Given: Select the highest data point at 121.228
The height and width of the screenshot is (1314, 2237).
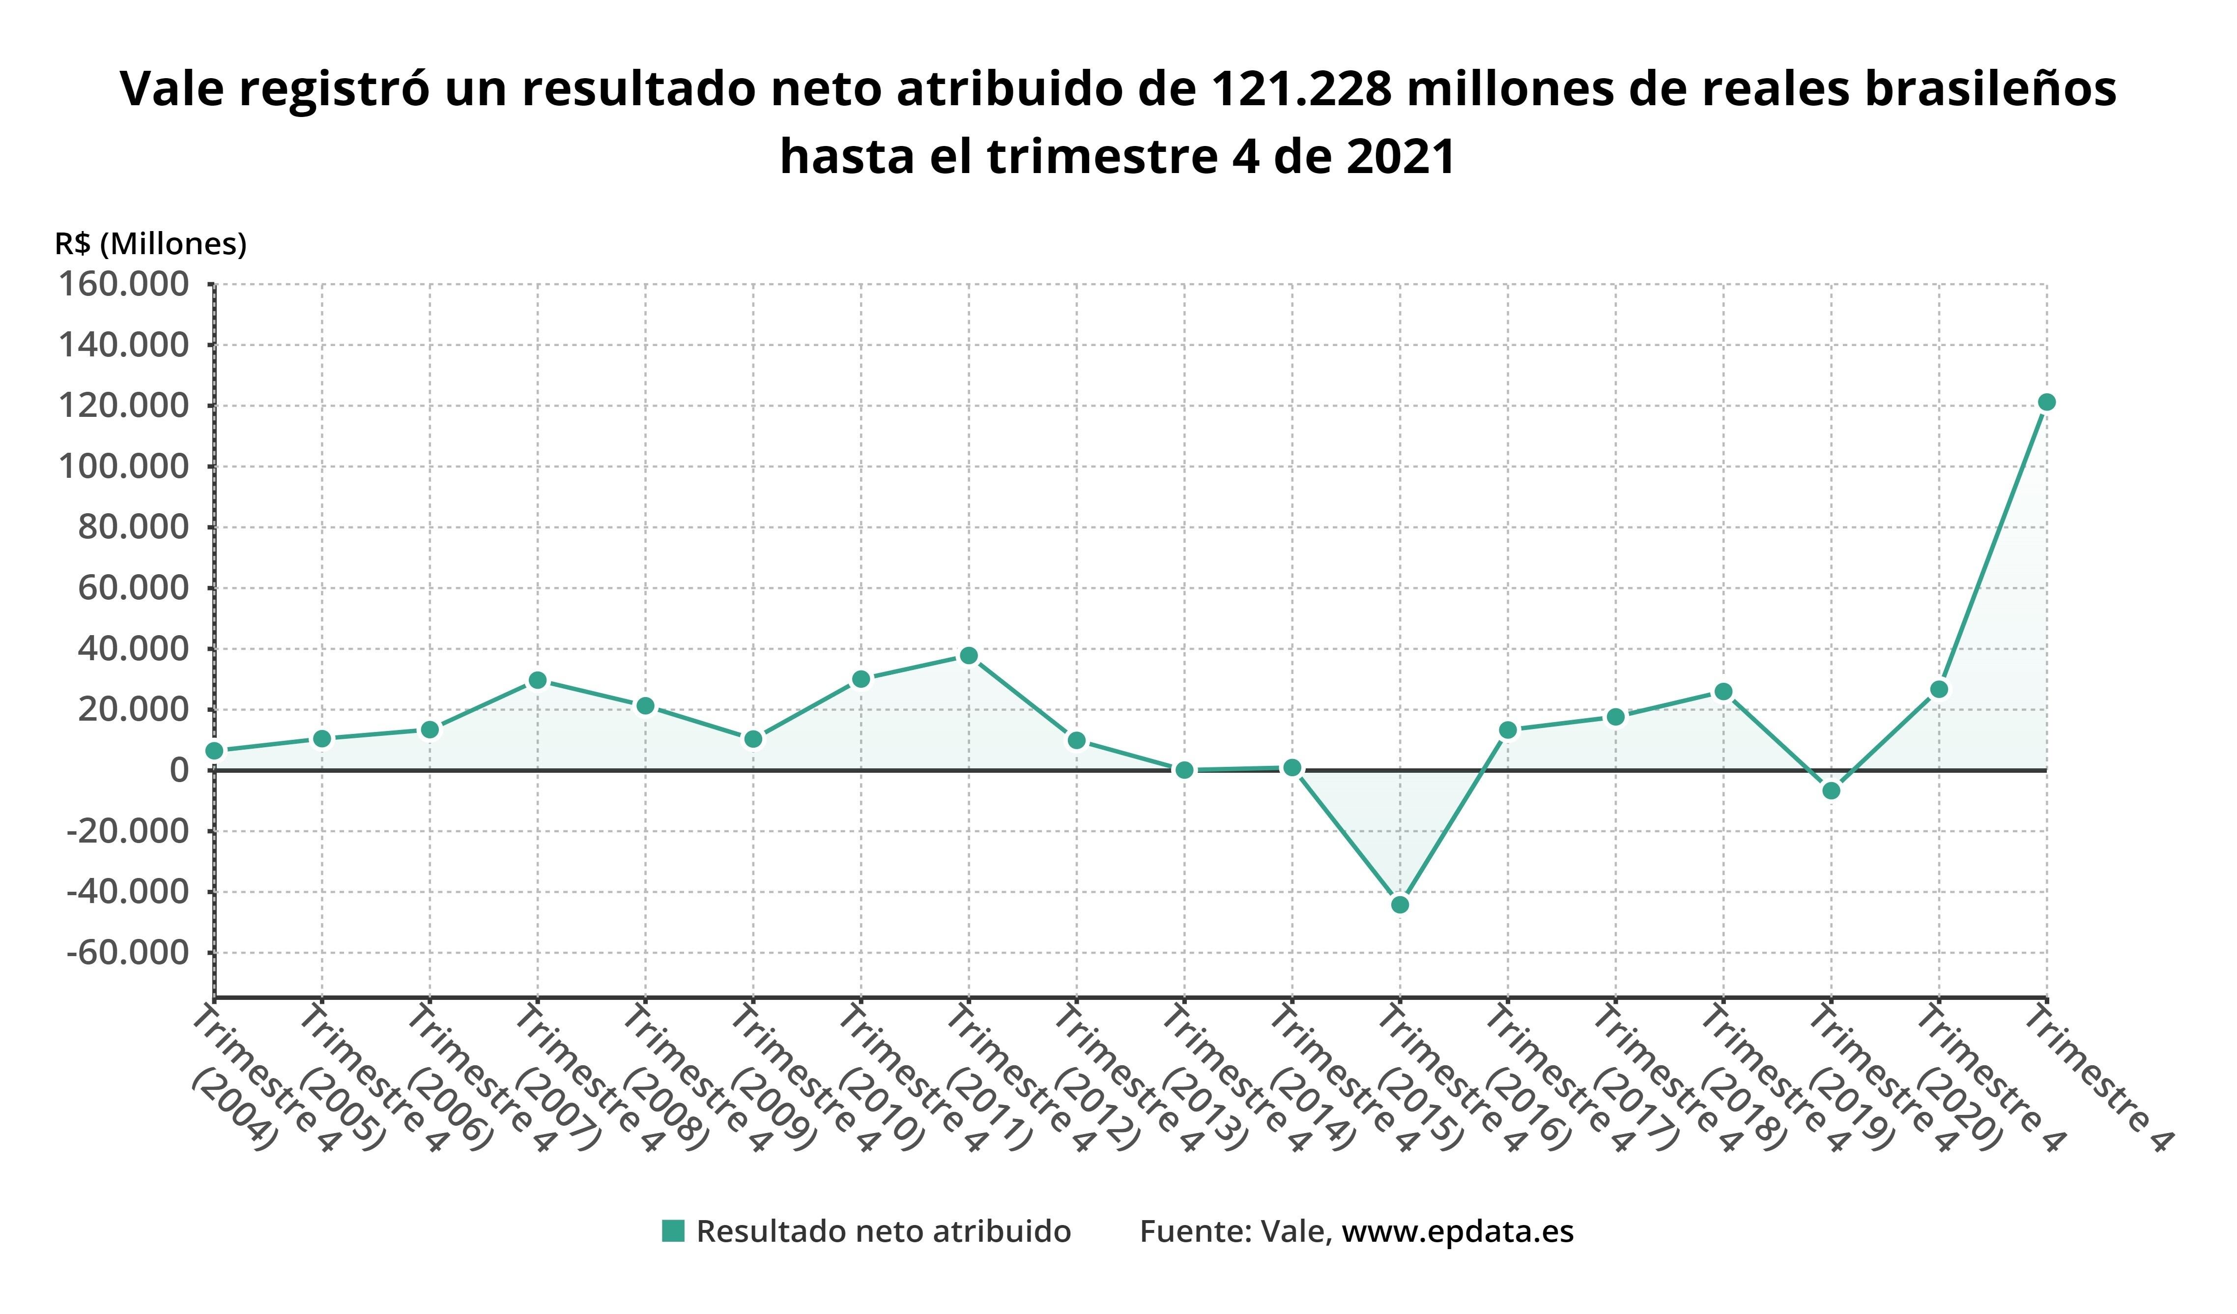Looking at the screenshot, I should (x=2046, y=402).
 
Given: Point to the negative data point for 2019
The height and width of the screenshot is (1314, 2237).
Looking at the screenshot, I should (x=1831, y=790).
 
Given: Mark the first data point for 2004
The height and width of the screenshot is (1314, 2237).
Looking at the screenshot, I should (x=214, y=751).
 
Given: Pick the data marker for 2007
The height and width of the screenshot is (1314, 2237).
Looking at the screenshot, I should (x=537, y=680).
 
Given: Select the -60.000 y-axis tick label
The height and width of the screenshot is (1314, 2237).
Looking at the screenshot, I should (x=129, y=953).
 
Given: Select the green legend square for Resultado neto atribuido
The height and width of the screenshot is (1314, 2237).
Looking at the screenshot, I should (x=673, y=1231).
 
